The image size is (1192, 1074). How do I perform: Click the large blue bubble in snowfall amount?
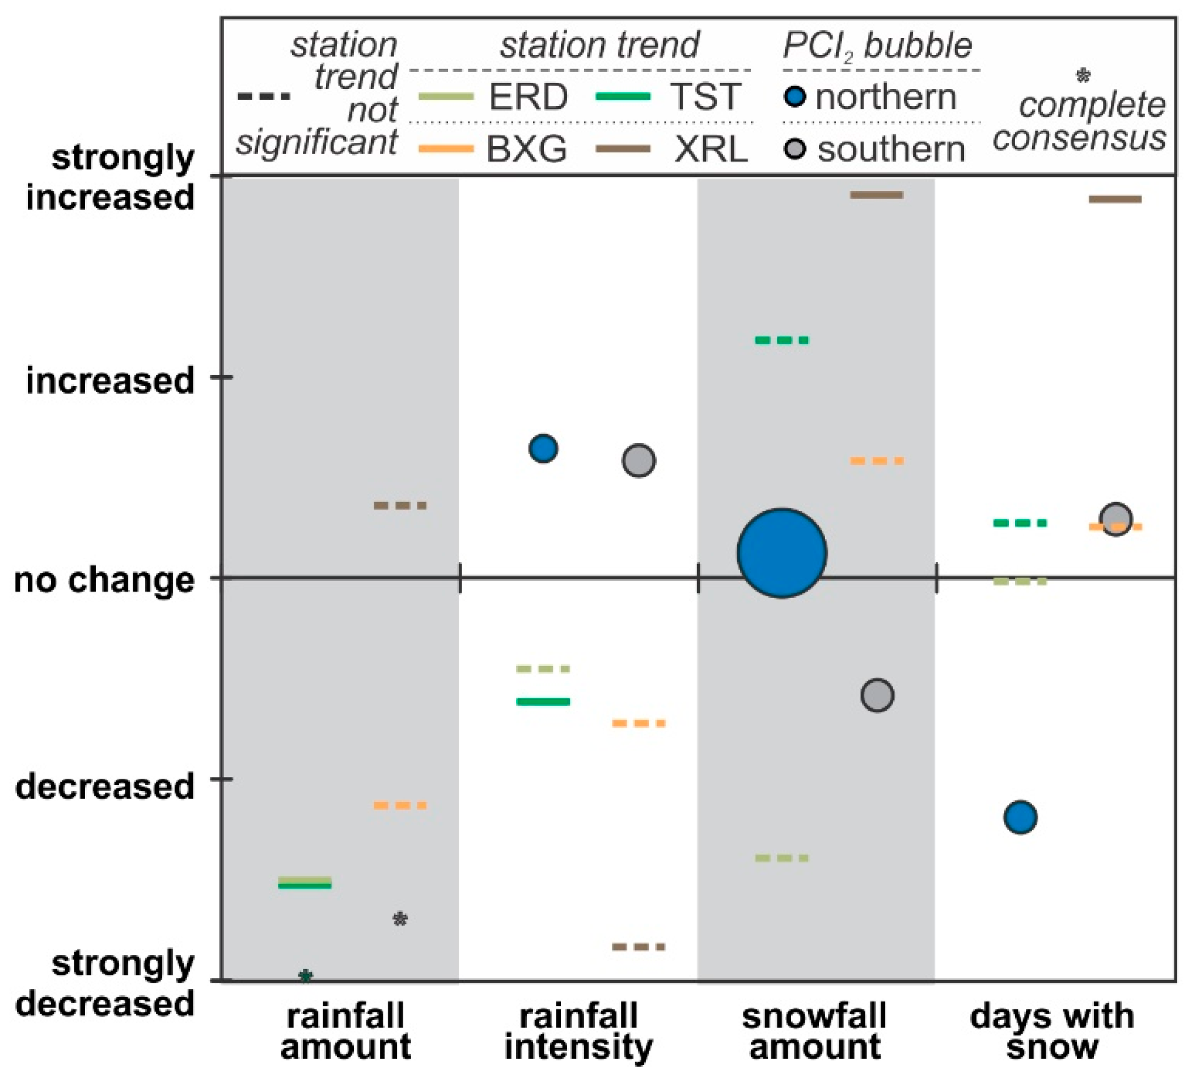pos(781,553)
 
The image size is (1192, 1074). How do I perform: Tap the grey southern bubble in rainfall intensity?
pos(638,460)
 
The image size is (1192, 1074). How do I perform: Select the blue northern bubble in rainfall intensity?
pos(543,448)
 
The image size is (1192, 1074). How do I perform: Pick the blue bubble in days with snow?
pos(1020,817)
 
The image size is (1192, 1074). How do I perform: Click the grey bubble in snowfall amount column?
pos(877,695)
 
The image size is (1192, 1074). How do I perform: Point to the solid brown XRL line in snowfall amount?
pos(876,196)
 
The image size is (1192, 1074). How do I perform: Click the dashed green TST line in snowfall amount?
pos(781,341)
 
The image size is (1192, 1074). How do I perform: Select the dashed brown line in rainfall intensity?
pos(638,946)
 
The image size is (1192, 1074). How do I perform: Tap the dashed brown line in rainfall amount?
pos(400,506)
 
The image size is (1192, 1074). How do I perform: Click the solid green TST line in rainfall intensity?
pos(543,702)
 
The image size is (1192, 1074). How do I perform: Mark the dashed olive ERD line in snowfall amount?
pos(781,858)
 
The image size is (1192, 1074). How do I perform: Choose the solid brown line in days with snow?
pos(1115,199)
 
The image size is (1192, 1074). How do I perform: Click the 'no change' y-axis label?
pos(104,580)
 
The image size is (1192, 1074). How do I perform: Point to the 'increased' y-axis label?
pos(110,381)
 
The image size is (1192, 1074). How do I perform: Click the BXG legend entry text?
pos(527,149)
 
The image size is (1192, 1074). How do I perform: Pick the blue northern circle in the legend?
pos(795,97)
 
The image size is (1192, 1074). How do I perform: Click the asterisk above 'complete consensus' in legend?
pos(1083,75)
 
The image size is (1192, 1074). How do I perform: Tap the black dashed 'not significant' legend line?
pos(263,96)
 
